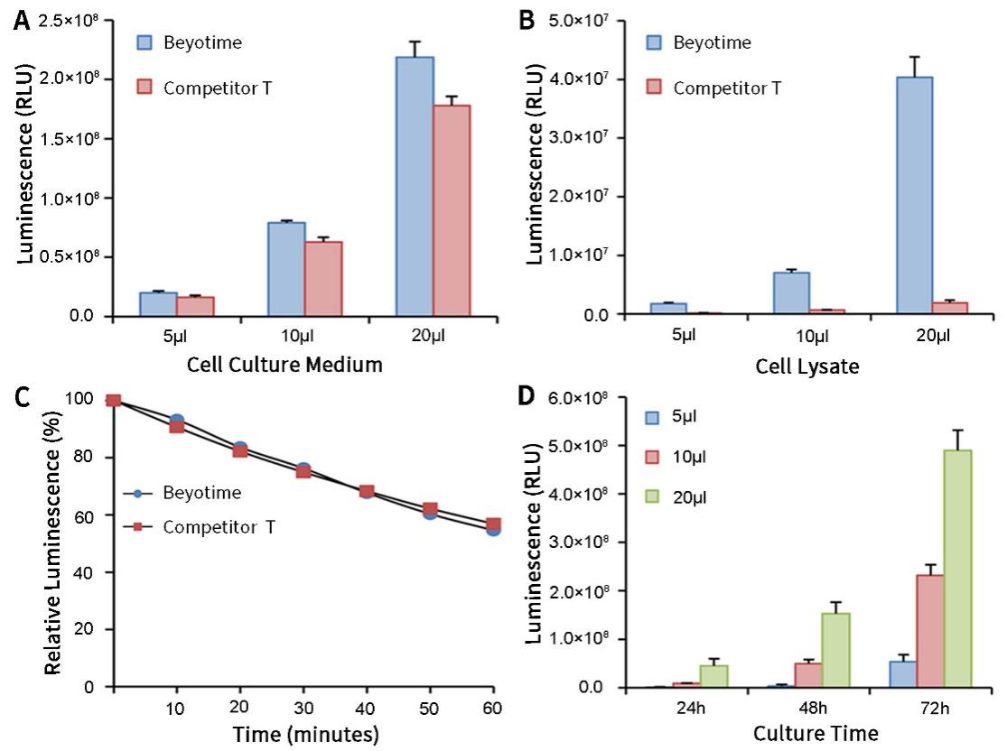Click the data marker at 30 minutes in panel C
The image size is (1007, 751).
pyautogui.click(x=303, y=470)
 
